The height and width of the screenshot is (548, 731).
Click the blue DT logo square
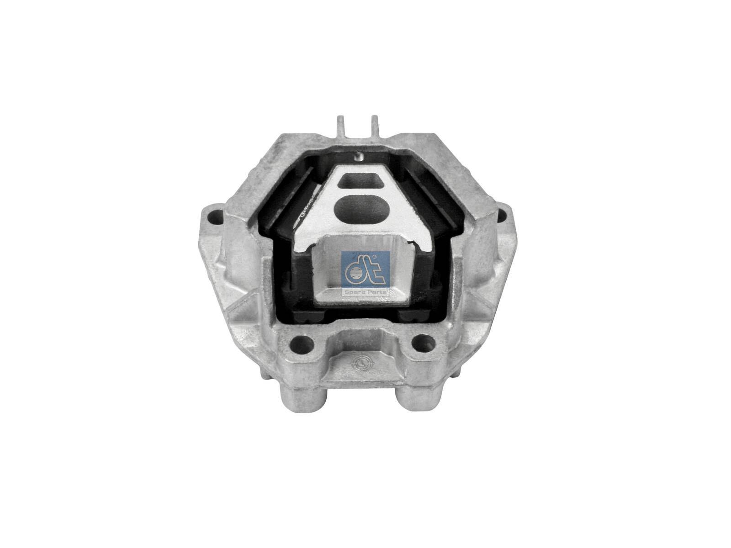(365, 273)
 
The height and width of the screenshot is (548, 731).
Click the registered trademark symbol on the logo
(375, 257)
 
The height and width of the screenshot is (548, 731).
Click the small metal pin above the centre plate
(359, 157)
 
